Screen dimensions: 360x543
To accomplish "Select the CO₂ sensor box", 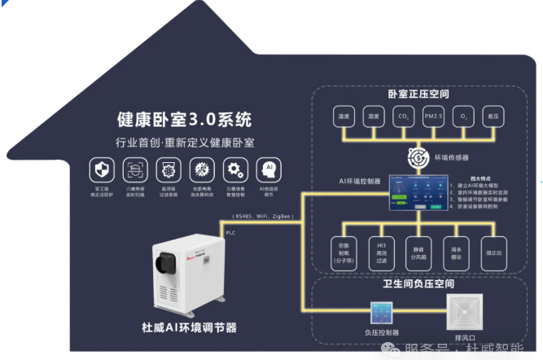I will pyautogui.click(x=402, y=116).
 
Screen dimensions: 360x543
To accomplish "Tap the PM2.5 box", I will pyautogui.click(x=433, y=116).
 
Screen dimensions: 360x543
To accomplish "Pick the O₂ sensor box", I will pyautogui.click(x=464, y=116).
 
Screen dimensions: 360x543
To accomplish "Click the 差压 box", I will pyautogui.click(x=493, y=116).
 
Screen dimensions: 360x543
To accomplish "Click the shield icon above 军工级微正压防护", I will pyautogui.click(x=101, y=171).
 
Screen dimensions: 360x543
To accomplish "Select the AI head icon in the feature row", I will pyautogui.click(x=265, y=170).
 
